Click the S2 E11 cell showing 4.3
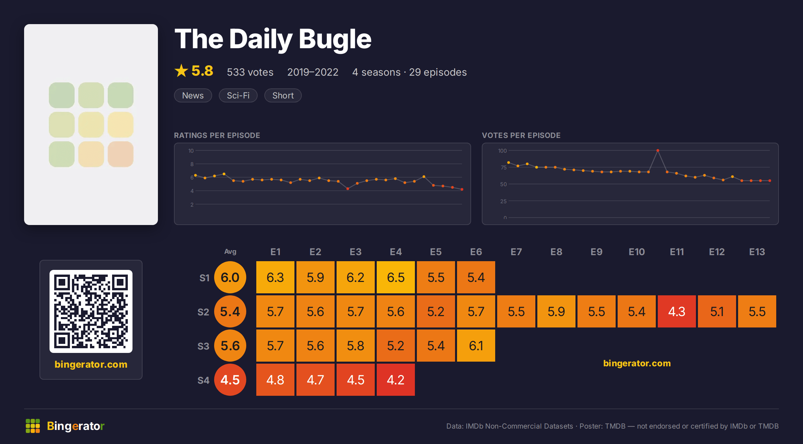[677, 311]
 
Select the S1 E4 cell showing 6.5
[396, 277]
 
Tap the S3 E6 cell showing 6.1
[476, 346]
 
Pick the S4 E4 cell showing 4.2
[396, 380]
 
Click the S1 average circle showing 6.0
[230, 277]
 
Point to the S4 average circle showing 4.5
[230, 380]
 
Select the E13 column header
[757, 252]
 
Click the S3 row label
[203, 346]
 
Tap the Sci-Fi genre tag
[238, 95]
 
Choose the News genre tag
[193, 95]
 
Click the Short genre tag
[283, 95]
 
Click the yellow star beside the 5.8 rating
[181, 71]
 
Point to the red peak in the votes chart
[658, 151]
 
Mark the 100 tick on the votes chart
[502, 151]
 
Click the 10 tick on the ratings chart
[191, 151]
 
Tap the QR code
[91, 311]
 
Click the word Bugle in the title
[335, 39]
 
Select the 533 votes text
[250, 72]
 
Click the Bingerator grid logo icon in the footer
[33, 426]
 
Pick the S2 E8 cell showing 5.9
[556, 311]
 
